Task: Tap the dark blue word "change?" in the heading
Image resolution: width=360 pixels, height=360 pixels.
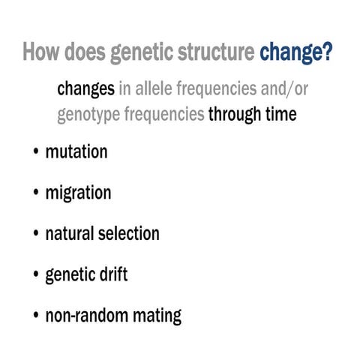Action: coord(296,55)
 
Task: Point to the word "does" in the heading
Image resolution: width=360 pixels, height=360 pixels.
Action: coord(85,55)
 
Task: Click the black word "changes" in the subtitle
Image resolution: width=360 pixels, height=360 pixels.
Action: coord(85,89)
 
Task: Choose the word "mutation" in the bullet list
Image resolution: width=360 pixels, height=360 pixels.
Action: coord(76,152)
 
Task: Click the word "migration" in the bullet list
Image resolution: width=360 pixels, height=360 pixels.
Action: coord(78,193)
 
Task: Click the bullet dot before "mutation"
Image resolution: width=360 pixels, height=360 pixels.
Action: coord(36,153)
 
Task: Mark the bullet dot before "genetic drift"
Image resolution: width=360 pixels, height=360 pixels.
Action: coord(36,275)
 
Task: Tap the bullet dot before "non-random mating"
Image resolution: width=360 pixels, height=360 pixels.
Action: coord(36,316)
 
